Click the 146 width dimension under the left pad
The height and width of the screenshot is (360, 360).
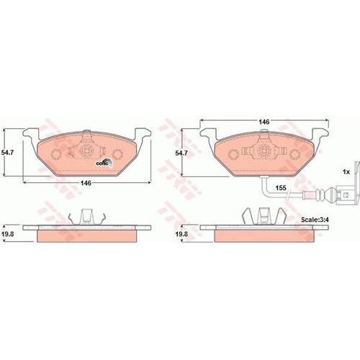[x=86, y=183]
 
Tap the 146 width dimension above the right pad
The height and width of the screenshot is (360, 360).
[x=264, y=122]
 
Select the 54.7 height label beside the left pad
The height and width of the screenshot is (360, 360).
[x=7, y=153]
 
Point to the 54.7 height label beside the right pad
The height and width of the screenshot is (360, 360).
[x=181, y=153]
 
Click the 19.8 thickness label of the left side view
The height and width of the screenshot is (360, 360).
[x=7, y=234]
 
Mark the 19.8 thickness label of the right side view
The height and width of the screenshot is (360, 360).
[x=181, y=234]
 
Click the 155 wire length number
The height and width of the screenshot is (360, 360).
[x=281, y=188]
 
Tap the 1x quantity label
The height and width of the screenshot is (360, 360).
[x=346, y=172]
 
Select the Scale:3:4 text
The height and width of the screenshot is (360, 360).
[x=315, y=220]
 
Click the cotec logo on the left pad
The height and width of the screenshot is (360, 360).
[x=104, y=163]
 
